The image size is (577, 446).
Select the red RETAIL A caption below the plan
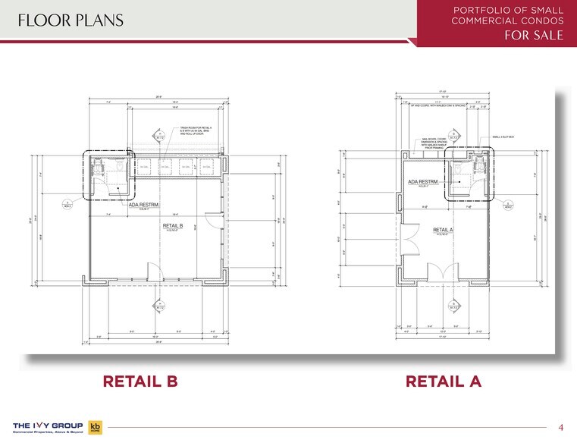point(444,382)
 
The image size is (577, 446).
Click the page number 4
point(560,425)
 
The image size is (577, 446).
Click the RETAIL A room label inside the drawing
point(443,230)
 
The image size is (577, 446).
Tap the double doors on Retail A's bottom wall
point(443,271)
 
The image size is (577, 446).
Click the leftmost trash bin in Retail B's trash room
point(143,167)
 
